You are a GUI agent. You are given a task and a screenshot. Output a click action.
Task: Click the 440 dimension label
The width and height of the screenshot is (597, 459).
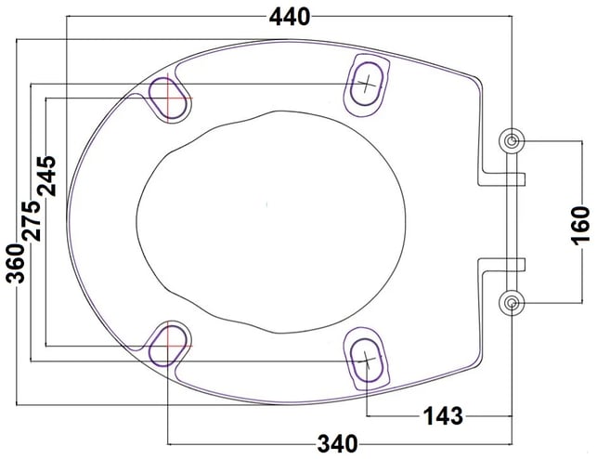tap(290, 17)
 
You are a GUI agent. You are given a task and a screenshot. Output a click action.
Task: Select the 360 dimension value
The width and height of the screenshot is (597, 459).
tap(16, 263)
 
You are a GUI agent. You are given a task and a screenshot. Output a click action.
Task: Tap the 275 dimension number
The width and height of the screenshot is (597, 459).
tap(32, 221)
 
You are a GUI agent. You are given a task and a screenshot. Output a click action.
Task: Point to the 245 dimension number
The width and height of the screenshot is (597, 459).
tap(46, 176)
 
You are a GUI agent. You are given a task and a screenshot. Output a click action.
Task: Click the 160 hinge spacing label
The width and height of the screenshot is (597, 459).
tap(580, 226)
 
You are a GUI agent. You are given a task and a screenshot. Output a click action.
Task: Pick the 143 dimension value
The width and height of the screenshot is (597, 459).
tap(444, 415)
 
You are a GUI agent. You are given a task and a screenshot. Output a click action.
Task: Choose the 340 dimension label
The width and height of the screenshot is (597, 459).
tap(338, 444)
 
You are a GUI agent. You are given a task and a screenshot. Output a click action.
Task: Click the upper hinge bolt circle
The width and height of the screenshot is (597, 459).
tap(512, 141)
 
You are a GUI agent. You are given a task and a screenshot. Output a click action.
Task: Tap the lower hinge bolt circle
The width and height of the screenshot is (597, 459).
tap(512, 303)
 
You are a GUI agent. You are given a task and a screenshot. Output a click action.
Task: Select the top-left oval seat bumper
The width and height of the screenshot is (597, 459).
tap(167, 98)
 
